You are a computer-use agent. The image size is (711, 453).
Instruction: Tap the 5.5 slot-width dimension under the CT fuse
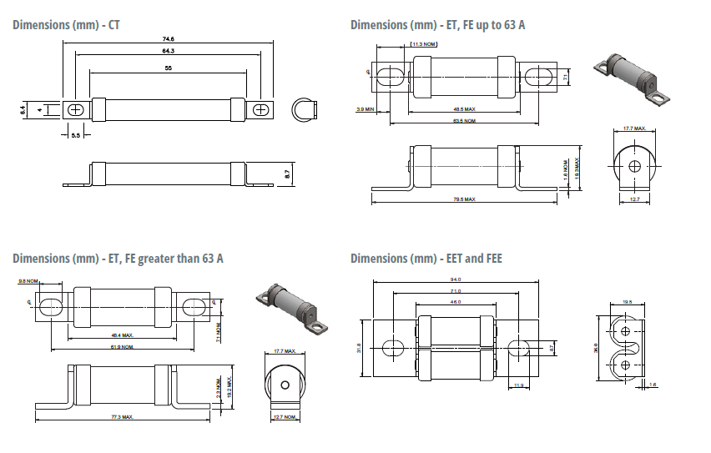(x=75, y=134)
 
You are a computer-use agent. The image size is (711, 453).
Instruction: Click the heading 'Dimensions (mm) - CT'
(x=66, y=24)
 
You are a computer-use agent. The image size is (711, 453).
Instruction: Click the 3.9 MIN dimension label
(x=365, y=109)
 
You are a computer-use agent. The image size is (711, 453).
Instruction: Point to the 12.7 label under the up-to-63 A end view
(x=633, y=199)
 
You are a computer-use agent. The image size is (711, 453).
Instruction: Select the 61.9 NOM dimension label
(x=122, y=346)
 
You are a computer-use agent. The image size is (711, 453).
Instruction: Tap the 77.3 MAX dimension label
(x=122, y=416)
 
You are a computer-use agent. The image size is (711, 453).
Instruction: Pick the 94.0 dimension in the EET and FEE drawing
(x=456, y=279)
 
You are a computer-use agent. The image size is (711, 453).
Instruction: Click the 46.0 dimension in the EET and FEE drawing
(x=456, y=301)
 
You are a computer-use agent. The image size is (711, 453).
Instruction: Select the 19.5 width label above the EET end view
(x=628, y=302)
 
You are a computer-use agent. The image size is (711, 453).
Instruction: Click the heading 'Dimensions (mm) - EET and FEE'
(x=426, y=259)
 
